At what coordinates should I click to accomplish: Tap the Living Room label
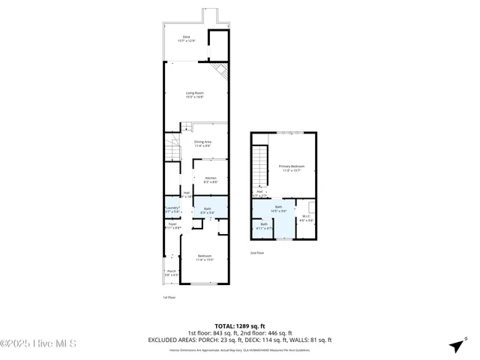pyautogui.click(x=196, y=94)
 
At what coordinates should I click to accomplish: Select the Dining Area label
pyautogui.click(x=202, y=143)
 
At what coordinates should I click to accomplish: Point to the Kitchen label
pyautogui.click(x=211, y=179)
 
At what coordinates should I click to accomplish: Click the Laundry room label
pyautogui.click(x=172, y=211)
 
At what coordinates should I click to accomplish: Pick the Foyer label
pyautogui.click(x=172, y=225)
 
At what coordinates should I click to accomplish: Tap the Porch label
pyautogui.click(x=171, y=273)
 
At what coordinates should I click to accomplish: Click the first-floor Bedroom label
pyautogui.click(x=205, y=259)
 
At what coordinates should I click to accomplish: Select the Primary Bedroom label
pyautogui.click(x=292, y=168)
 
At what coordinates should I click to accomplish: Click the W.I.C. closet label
pyautogui.click(x=306, y=219)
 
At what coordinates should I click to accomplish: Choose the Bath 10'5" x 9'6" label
pyautogui.click(x=278, y=208)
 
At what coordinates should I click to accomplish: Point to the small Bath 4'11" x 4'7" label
pyautogui.click(x=264, y=226)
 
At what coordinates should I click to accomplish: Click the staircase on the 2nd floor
pyautogui.click(x=260, y=166)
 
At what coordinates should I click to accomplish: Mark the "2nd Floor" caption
pyautogui.click(x=257, y=253)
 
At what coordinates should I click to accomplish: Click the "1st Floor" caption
pyautogui.click(x=169, y=298)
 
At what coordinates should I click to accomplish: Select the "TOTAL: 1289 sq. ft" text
pyautogui.click(x=240, y=325)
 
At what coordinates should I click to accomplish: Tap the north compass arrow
pyautogui.click(x=455, y=345)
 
